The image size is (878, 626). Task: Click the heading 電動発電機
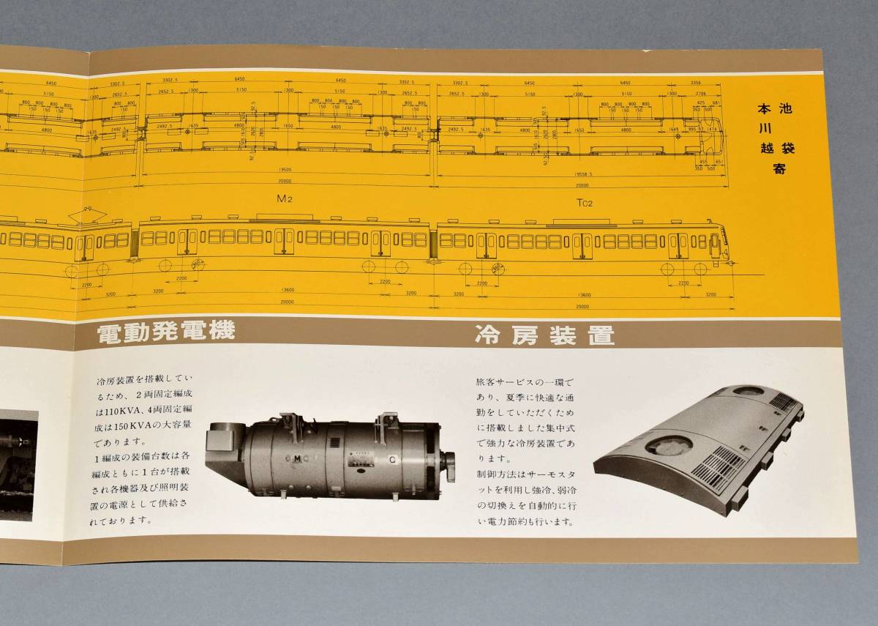(167, 331)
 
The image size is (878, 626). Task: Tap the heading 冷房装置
(544, 335)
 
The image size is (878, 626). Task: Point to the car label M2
(285, 198)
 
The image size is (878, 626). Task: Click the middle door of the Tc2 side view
(582, 245)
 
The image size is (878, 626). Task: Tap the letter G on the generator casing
(393, 460)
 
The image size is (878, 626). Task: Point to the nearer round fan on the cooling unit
(668, 445)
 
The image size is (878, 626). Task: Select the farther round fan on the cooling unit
(748, 391)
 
